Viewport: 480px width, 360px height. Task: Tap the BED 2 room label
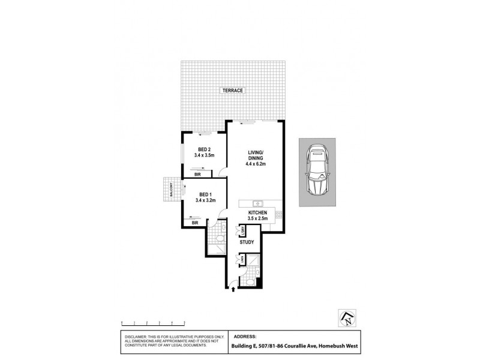[204, 149]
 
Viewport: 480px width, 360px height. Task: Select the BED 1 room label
[204, 194]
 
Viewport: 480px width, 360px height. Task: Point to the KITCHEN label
[259, 213]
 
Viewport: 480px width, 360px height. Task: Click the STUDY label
[247, 242]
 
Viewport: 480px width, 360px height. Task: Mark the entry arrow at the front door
[233, 290]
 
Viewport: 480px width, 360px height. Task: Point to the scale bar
[152, 322]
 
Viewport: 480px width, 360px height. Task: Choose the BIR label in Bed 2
[197, 175]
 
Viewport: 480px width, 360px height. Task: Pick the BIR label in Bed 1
[194, 223]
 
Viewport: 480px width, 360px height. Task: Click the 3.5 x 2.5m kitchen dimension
[259, 219]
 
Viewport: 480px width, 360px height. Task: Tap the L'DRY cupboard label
[242, 231]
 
